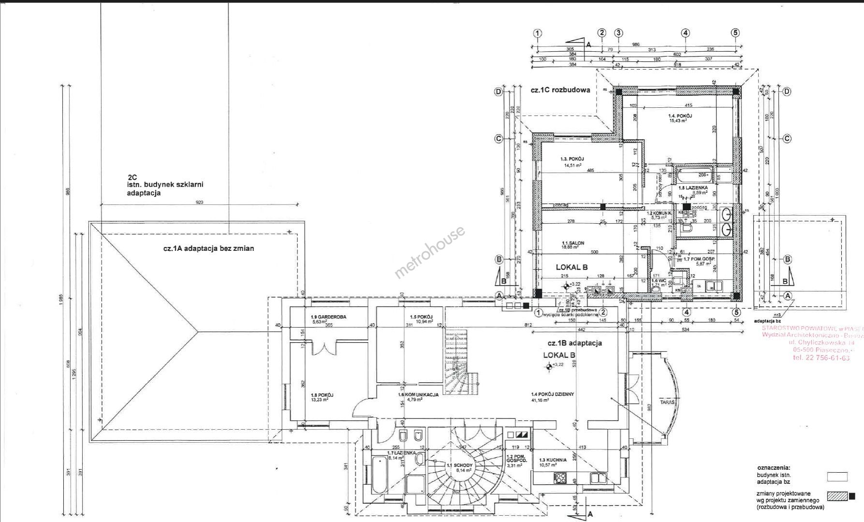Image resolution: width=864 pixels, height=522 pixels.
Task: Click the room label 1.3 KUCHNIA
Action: click(x=548, y=461)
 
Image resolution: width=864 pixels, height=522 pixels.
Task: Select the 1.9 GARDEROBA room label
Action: click(x=329, y=317)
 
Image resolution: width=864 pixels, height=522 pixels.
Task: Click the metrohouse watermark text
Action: click(x=430, y=252)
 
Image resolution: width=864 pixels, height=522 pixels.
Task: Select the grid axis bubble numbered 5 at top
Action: click(x=735, y=33)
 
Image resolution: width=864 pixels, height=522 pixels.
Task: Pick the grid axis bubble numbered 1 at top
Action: click(x=537, y=33)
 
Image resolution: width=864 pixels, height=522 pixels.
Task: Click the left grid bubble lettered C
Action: click(x=499, y=139)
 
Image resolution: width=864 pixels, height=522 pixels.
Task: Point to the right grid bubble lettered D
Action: click(x=787, y=91)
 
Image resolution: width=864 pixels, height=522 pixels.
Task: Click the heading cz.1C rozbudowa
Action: click(x=560, y=90)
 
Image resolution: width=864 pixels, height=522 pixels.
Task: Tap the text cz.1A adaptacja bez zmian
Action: click(x=208, y=249)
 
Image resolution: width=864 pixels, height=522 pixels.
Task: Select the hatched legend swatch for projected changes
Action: click(x=837, y=496)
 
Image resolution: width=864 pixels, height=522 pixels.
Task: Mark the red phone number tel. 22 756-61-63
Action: click(x=821, y=358)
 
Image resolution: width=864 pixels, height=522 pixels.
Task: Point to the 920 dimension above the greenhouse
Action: click(x=199, y=203)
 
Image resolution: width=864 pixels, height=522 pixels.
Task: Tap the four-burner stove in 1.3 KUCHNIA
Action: click(x=560, y=479)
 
